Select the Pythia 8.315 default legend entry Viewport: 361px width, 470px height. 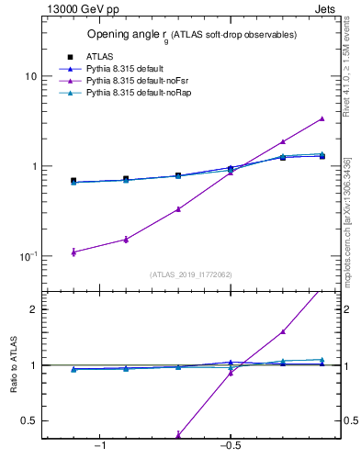tap(124, 68)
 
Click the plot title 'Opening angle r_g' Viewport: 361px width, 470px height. tap(191, 35)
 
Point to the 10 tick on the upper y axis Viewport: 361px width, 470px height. tap(30, 76)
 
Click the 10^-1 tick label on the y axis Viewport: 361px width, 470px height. tap(27, 256)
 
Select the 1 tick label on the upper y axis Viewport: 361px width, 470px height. tap(33, 166)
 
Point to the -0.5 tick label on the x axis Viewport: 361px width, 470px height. tap(229, 446)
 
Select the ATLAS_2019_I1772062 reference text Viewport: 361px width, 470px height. tap(191, 274)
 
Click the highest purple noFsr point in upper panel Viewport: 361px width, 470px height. tap(322, 118)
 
